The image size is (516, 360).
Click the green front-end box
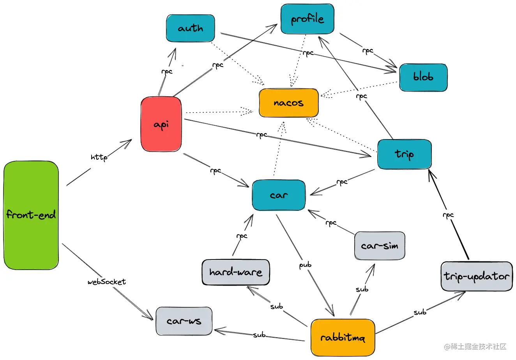click(x=31, y=215)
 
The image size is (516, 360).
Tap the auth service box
click(x=190, y=28)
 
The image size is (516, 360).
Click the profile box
click(x=307, y=19)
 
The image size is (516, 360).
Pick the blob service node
click(x=423, y=77)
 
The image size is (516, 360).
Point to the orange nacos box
click(x=288, y=103)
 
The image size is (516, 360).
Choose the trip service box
click(x=404, y=154)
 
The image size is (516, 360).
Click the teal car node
click(x=279, y=195)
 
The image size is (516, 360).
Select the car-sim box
click(x=380, y=246)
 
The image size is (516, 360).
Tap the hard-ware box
click(x=236, y=272)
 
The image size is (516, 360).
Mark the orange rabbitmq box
click(x=343, y=337)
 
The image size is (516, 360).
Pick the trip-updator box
click(x=476, y=276)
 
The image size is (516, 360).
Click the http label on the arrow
click(x=99, y=157)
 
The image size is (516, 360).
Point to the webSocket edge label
click(x=107, y=281)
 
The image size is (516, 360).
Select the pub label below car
click(x=305, y=265)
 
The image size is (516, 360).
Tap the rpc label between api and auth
click(x=167, y=71)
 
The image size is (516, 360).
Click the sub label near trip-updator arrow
click(x=420, y=312)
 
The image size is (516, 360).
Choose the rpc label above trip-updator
click(x=448, y=215)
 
